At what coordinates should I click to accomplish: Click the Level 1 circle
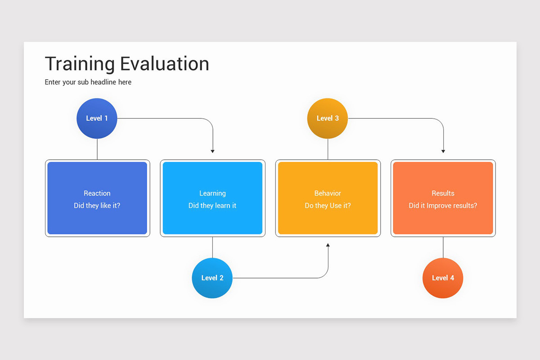pyautogui.click(x=97, y=118)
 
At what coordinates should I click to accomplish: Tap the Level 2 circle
pyautogui.click(x=212, y=278)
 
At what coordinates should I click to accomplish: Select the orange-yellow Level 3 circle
pyautogui.click(x=327, y=118)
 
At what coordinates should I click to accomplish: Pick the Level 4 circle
pyautogui.click(x=443, y=278)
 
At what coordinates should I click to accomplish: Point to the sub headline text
pyautogui.click(x=88, y=82)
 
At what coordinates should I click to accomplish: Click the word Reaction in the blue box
pyautogui.click(x=97, y=193)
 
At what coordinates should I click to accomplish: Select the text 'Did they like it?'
pyautogui.click(x=97, y=206)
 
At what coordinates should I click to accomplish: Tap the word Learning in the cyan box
pyautogui.click(x=212, y=193)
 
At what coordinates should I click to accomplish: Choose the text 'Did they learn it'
pyautogui.click(x=212, y=206)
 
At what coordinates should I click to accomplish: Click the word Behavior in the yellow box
pyautogui.click(x=328, y=193)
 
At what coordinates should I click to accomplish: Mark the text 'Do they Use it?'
pyautogui.click(x=328, y=206)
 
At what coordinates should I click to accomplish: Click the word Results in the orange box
pyautogui.click(x=443, y=193)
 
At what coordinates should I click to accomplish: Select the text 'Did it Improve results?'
pyautogui.click(x=443, y=206)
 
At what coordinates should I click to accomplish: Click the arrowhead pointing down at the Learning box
pyautogui.click(x=212, y=151)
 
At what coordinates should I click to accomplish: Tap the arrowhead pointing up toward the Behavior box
pyautogui.click(x=328, y=245)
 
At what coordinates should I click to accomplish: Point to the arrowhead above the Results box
pyautogui.click(x=443, y=151)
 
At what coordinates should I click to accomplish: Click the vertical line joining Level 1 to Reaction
pyautogui.click(x=97, y=149)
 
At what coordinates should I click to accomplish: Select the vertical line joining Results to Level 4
pyautogui.click(x=443, y=247)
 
